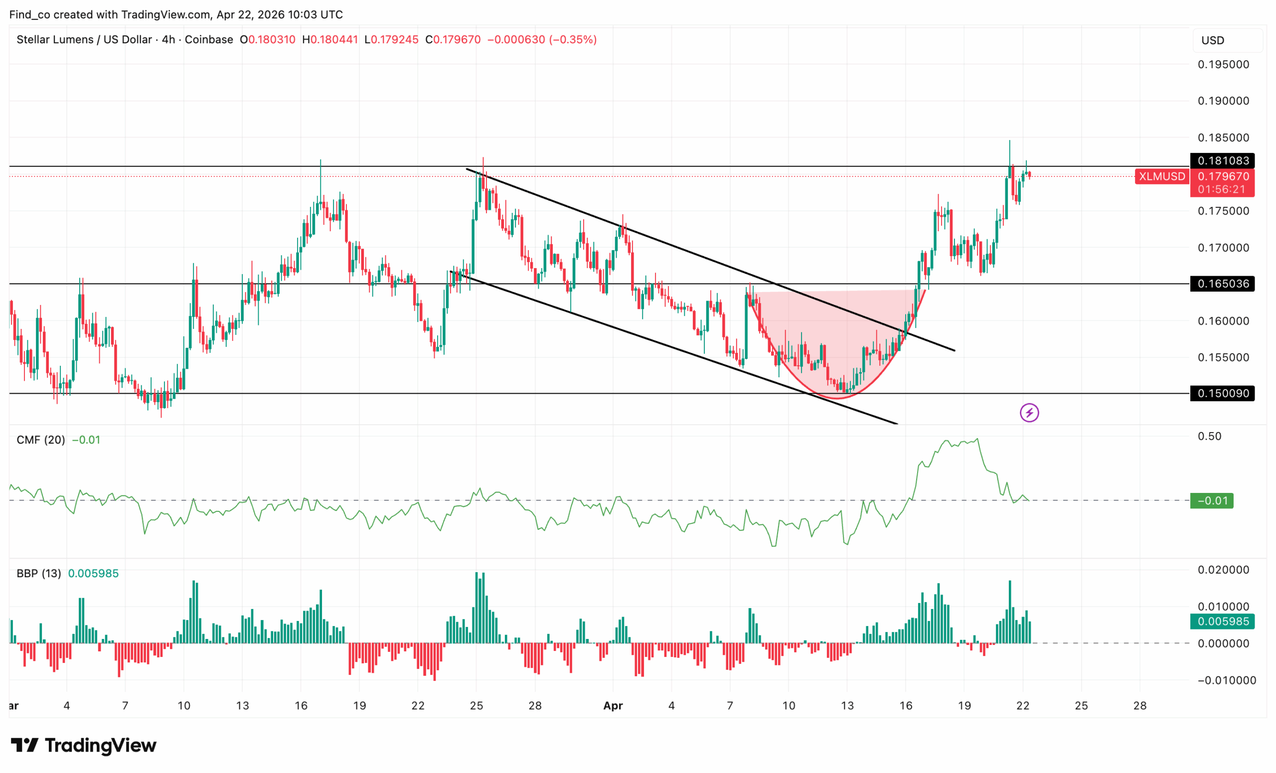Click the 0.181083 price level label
click(x=1222, y=160)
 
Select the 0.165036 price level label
click(x=1222, y=284)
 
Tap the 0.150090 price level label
click(x=1222, y=394)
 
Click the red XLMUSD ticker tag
click(x=1161, y=176)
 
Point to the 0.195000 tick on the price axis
click(x=1223, y=65)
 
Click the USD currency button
click(x=1212, y=40)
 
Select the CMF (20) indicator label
click(x=41, y=440)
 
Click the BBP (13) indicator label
click(x=39, y=574)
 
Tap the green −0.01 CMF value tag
click(x=1211, y=501)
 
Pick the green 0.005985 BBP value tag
click(x=1222, y=621)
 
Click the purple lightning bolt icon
click(x=1029, y=413)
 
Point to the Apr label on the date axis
click(x=613, y=706)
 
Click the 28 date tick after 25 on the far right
click(x=1140, y=706)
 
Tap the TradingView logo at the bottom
click(x=83, y=746)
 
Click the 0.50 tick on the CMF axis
click(x=1209, y=437)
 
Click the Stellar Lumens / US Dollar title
click(x=84, y=40)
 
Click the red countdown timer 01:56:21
click(x=1222, y=189)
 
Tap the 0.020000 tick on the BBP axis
click(x=1223, y=570)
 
